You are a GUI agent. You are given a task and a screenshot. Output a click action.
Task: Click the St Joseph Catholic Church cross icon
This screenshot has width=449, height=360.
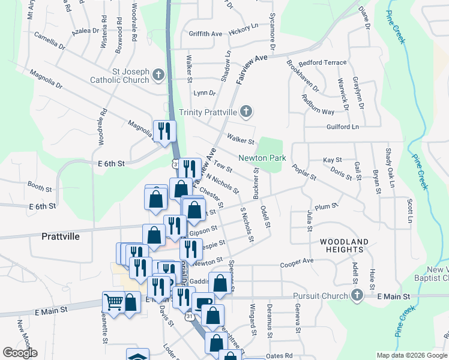point(158,74)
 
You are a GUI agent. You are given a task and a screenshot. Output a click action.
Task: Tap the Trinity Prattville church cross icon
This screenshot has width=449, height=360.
point(246,112)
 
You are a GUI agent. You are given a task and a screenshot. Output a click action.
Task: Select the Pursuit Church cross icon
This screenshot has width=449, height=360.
point(357,295)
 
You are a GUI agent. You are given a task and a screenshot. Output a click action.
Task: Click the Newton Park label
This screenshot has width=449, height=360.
point(262,158)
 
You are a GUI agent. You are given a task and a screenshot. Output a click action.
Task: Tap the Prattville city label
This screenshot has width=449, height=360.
point(61,236)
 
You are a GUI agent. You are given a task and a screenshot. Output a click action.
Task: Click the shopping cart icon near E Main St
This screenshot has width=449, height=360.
point(113,301)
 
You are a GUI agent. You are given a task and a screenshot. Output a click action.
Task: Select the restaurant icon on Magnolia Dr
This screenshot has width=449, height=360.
point(164,131)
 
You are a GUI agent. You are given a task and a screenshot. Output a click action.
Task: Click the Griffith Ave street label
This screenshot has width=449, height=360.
point(205,34)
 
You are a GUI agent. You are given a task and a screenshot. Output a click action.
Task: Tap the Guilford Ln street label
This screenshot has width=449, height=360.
point(342,127)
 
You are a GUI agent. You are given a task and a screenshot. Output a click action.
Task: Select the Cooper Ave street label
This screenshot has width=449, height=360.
point(297,262)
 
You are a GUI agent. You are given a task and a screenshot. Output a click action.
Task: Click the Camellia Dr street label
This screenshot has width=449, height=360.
point(49,44)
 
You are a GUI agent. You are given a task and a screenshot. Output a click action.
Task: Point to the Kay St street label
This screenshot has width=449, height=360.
point(332,160)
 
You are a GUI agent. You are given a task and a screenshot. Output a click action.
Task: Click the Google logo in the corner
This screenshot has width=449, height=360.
point(20,353)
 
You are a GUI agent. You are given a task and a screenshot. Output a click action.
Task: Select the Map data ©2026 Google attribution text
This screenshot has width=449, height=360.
point(411,355)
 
